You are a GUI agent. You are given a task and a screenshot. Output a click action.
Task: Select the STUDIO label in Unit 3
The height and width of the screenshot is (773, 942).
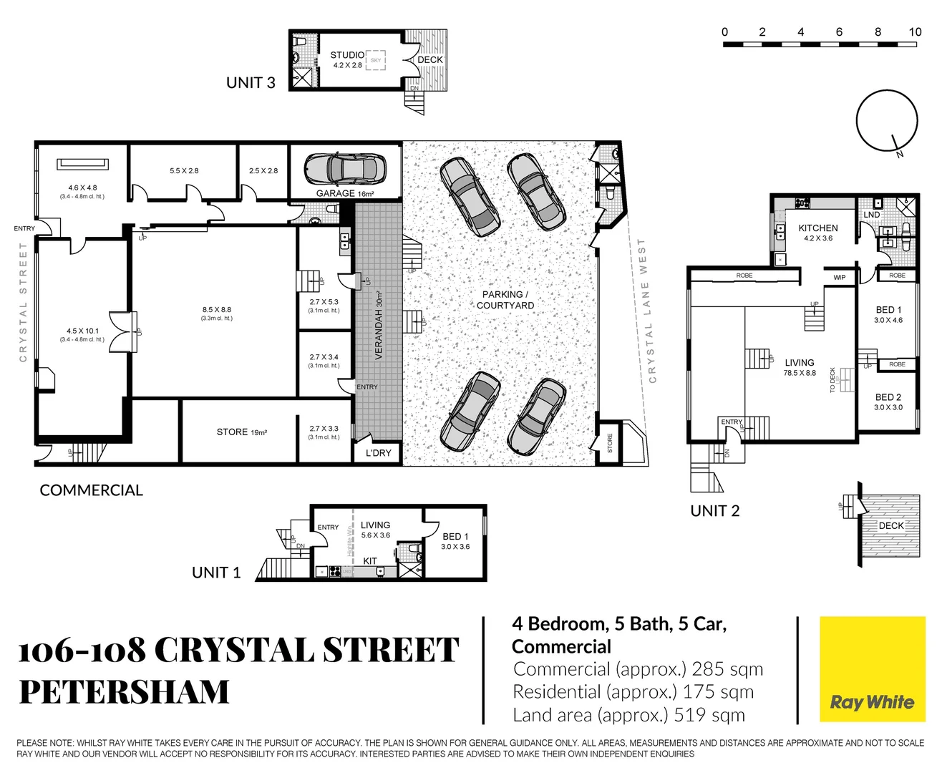pyautogui.click(x=347, y=55)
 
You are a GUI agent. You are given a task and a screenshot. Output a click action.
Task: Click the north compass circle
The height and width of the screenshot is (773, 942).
pyautogui.click(x=887, y=121)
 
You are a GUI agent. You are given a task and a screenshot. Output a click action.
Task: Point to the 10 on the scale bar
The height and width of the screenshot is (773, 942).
pyautogui.click(x=915, y=32)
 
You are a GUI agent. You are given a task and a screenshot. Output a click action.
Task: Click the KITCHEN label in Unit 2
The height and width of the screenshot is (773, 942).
pyautogui.click(x=817, y=228)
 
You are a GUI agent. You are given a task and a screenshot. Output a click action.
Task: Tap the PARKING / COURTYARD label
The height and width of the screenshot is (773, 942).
pyautogui.click(x=505, y=300)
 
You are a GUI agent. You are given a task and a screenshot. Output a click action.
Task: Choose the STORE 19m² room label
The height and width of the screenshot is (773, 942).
pyautogui.click(x=241, y=432)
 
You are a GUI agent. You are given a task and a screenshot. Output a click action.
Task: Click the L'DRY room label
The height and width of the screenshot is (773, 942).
pyautogui.click(x=378, y=453)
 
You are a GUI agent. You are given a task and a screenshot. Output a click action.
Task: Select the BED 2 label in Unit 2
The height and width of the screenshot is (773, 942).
pyautogui.click(x=888, y=397)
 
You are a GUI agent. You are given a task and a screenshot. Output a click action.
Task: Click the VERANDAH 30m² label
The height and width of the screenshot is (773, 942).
pyautogui.click(x=379, y=326)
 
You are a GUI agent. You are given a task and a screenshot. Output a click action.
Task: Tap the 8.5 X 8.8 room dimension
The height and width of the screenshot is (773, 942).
pyautogui.click(x=216, y=310)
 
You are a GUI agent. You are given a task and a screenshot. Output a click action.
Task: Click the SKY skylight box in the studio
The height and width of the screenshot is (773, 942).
pyautogui.click(x=376, y=60)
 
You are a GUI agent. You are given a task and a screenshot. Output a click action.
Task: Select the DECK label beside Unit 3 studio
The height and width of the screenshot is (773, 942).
pyautogui.click(x=430, y=60)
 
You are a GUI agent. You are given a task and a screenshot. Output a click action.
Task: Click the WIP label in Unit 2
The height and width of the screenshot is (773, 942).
pyautogui.click(x=839, y=278)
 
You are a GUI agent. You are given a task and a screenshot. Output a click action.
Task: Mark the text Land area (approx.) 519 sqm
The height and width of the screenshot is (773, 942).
pyautogui.click(x=628, y=715)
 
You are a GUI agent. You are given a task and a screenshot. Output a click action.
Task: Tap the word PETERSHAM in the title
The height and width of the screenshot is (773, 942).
pyautogui.click(x=124, y=691)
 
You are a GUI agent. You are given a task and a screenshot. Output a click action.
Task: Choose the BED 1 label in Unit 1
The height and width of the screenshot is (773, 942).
pyautogui.click(x=455, y=537)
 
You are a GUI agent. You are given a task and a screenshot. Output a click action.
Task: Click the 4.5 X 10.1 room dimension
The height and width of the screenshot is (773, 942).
pyautogui.click(x=82, y=331)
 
